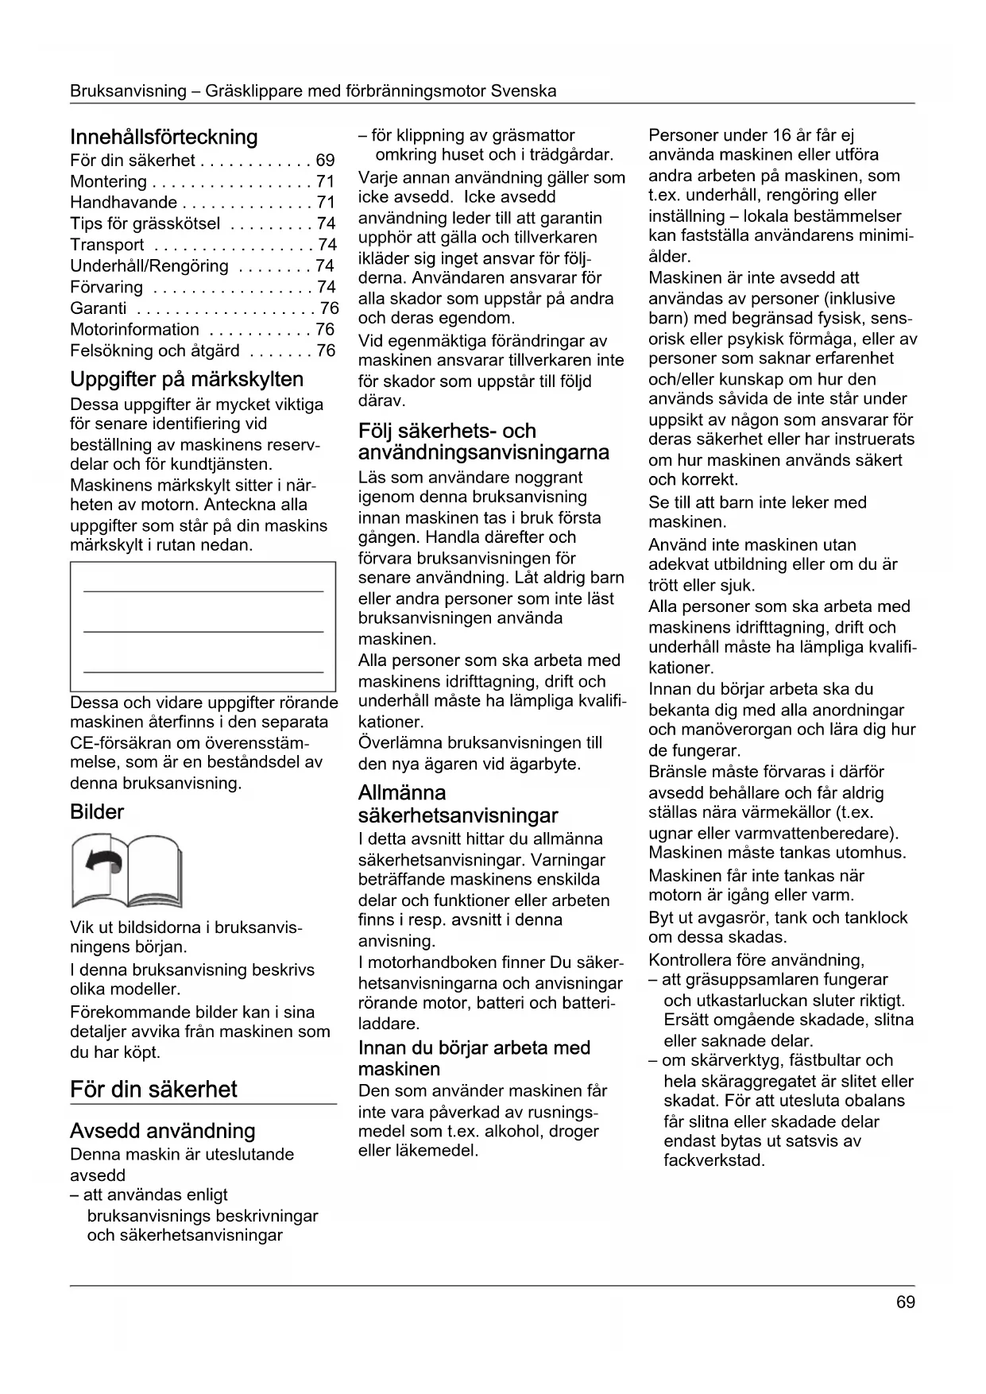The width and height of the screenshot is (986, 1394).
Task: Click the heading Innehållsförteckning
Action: coord(164,137)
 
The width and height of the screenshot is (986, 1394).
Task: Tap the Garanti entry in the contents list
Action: coord(99,308)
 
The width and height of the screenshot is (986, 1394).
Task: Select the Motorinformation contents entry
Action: coord(134,330)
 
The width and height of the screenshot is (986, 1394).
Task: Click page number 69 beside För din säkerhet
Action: coord(325,161)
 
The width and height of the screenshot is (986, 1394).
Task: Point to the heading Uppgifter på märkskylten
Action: coord(187,379)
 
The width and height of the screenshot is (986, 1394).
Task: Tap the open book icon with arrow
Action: coord(126,870)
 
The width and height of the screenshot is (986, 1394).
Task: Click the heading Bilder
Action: coord(97,812)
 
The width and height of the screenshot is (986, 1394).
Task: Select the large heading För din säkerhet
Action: coord(153,1089)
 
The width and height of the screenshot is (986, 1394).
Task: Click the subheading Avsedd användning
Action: coord(162,1131)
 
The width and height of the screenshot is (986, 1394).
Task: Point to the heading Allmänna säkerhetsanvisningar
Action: coord(458,804)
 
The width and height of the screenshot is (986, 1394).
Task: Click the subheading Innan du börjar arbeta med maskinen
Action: coord(474,1058)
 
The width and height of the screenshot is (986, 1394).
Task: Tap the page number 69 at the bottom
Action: coord(905,1303)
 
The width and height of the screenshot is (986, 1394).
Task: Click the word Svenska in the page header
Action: coord(523,91)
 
